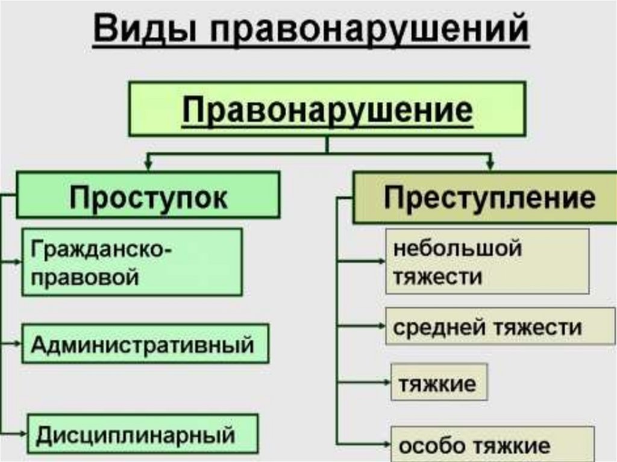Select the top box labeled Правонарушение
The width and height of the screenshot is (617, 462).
point(327,109)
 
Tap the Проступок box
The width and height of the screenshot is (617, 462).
point(148,195)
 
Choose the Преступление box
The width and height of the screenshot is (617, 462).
point(484,197)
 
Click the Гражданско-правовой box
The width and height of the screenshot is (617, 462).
point(132,261)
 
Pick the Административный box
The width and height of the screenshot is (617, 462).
point(145,344)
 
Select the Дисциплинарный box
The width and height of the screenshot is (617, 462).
point(142,434)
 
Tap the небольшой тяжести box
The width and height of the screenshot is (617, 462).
point(487,261)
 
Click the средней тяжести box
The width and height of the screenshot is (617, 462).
point(492,327)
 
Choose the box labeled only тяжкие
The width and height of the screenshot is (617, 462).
point(439,382)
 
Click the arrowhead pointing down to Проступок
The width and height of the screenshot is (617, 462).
point(148,163)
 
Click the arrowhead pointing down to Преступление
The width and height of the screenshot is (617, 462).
point(492,163)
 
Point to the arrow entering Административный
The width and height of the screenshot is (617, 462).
point(16,344)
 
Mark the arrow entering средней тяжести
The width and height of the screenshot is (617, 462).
point(380,326)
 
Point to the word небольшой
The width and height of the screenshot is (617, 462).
point(457,248)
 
